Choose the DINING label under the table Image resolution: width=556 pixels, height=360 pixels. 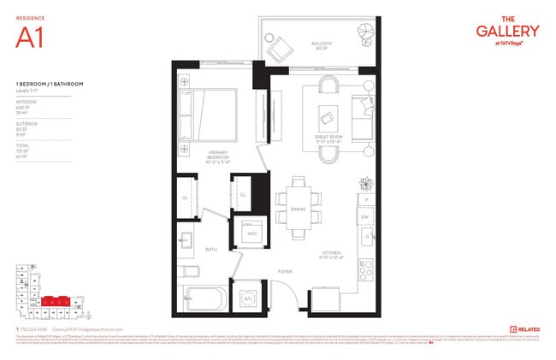[x=297, y=208]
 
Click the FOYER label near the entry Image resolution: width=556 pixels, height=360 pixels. [x=284, y=272]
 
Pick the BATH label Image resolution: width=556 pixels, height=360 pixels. [x=210, y=250]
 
